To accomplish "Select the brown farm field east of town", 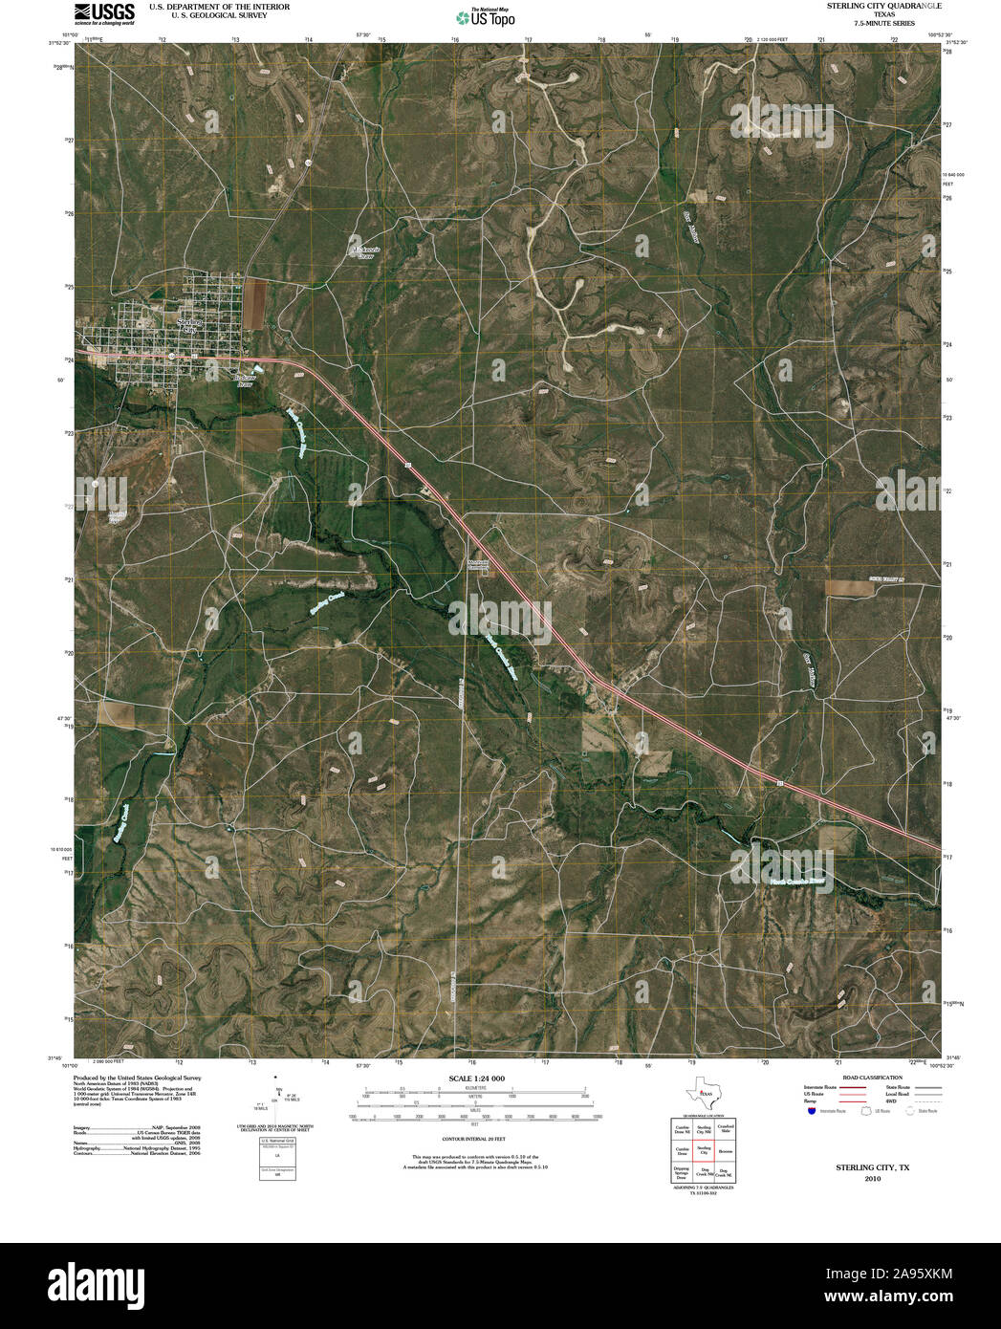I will pyautogui.click(x=255, y=302).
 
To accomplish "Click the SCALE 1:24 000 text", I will pyautogui.click(x=476, y=1078).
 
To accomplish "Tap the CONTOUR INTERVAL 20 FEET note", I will pyautogui.click(x=473, y=1140).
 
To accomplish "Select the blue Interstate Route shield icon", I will pyautogui.click(x=812, y=1111).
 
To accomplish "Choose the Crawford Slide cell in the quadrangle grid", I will pyautogui.click(x=726, y=1129).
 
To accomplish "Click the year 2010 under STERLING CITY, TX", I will pyautogui.click(x=872, y=1179).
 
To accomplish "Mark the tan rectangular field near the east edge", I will pyautogui.click(x=849, y=587).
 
